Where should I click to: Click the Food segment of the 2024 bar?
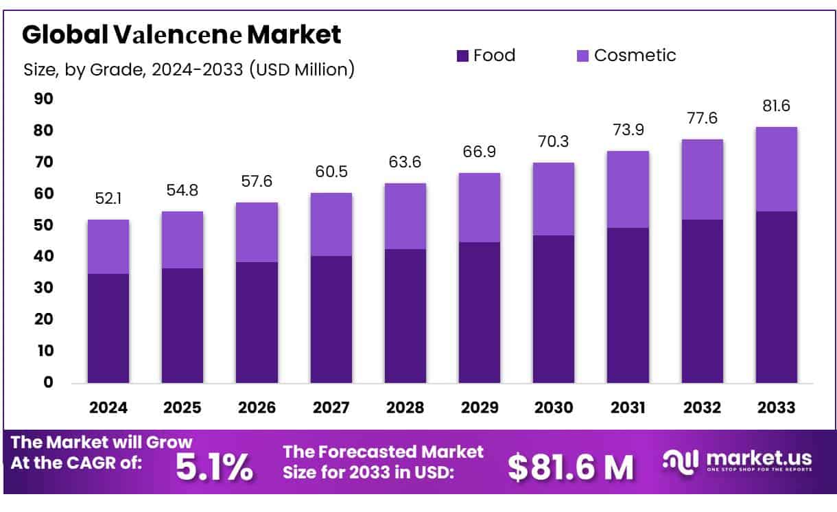click(x=108, y=328)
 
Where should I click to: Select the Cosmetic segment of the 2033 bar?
click(x=776, y=169)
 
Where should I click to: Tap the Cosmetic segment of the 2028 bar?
click(x=405, y=216)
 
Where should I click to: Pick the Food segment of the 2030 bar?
click(x=554, y=309)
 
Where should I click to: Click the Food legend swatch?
click(x=462, y=56)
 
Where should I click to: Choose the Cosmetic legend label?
click(x=635, y=56)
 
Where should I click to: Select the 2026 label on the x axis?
click(x=257, y=408)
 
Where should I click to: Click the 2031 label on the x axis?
click(x=628, y=408)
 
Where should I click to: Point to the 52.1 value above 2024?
click(x=108, y=198)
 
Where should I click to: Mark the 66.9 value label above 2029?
click(x=480, y=152)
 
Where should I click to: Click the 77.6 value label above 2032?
click(x=702, y=118)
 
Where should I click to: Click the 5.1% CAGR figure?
click(x=214, y=467)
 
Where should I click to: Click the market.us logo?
click(x=738, y=461)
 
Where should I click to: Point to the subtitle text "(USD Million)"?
click(x=302, y=69)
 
